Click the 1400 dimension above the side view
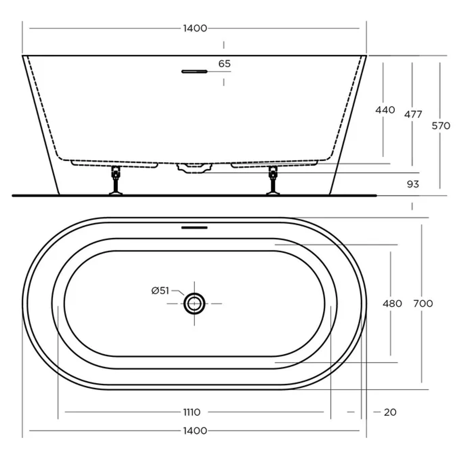click(195, 28)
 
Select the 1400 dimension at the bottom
click(195, 431)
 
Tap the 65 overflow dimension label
click(224, 64)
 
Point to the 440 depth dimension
click(385, 110)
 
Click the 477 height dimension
click(413, 114)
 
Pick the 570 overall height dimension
click(441, 126)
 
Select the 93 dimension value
click(413, 184)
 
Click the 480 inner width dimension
click(392, 304)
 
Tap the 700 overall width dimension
click(423, 304)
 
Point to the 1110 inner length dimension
click(191, 412)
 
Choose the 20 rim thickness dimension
click(390, 412)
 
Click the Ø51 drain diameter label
click(160, 291)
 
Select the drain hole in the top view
click(194, 304)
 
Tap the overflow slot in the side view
click(194, 71)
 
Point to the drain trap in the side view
click(194, 168)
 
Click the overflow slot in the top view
click(194, 228)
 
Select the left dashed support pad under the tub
click(114, 164)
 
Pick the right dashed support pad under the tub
click(274, 164)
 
